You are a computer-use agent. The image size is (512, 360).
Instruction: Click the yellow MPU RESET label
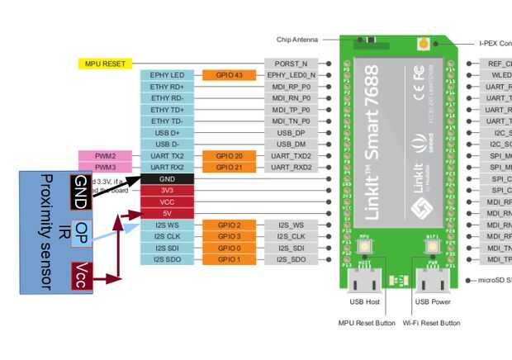pos(105,63)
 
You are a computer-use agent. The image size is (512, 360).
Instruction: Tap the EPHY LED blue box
pos(167,74)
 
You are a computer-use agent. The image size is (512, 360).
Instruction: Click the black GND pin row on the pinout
pos(167,178)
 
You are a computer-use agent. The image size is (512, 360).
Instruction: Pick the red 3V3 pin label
pos(167,190)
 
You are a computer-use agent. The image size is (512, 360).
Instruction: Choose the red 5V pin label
pos(167,213)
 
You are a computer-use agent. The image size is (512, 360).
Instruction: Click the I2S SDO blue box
pos(167,259)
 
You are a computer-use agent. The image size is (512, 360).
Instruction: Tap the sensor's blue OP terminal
pos(81,230)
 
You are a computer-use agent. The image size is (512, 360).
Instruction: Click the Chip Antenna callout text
pos(296,39)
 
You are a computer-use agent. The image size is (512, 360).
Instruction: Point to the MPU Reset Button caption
pos(367,323)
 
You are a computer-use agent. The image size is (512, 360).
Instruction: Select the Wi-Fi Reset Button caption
pos(431,323)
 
